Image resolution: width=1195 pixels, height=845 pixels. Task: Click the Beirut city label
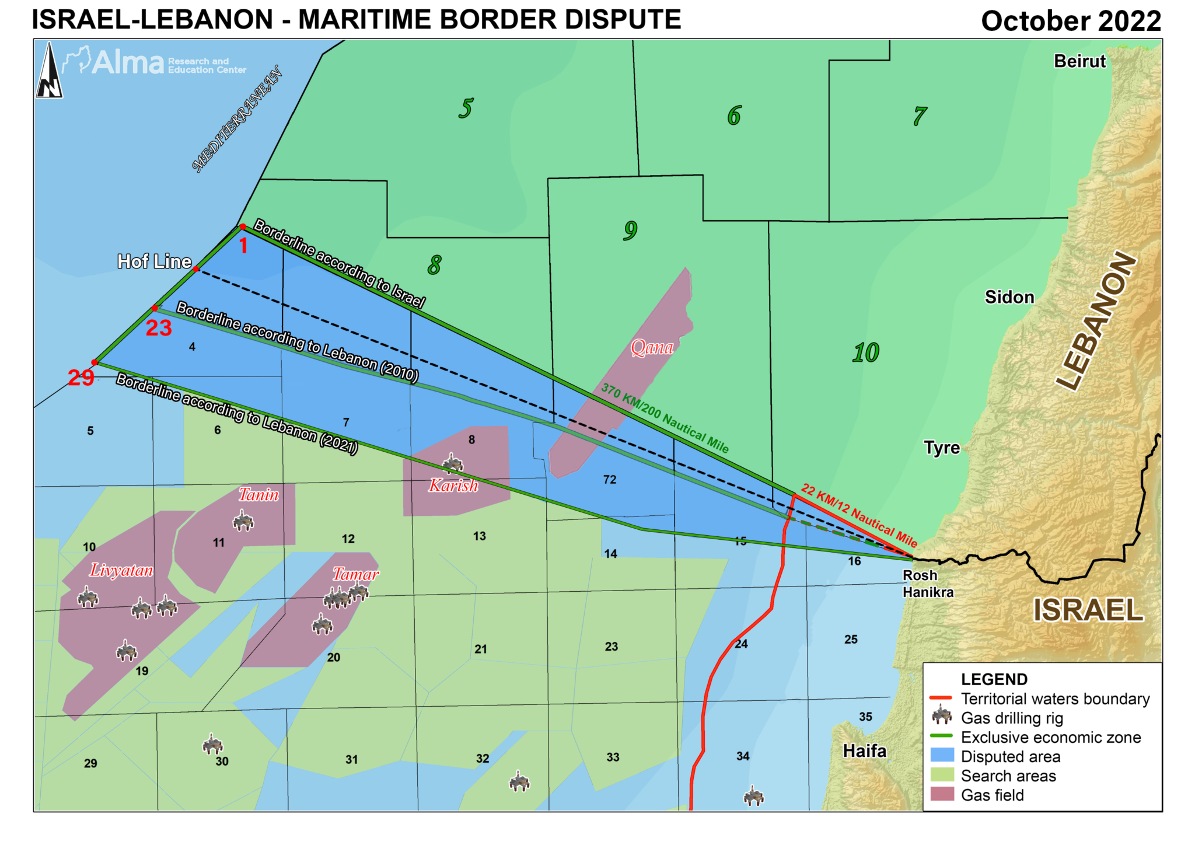1079,61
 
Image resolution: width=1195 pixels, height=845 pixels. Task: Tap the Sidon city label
1009,297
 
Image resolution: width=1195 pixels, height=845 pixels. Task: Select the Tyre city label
941,448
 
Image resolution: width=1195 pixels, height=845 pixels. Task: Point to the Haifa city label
864,750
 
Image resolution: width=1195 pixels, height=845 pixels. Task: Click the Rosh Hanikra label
927,584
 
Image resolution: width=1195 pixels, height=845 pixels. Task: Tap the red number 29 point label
81,378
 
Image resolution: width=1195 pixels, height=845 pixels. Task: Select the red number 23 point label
158,328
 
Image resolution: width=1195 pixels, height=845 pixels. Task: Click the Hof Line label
154,261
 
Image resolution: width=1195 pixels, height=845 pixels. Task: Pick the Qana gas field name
652,348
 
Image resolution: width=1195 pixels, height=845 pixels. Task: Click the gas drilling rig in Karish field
452,463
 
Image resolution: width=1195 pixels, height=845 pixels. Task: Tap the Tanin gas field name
258,495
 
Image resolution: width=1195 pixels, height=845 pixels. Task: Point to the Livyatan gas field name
121,570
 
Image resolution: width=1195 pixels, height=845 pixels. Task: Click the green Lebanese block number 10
865,352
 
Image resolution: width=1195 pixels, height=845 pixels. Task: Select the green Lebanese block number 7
919,116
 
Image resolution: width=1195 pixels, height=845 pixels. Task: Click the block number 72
609,480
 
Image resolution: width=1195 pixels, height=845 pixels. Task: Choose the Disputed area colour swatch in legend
941,756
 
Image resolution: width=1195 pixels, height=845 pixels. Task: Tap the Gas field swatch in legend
941,794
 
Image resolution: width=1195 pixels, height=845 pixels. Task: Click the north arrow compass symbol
49,71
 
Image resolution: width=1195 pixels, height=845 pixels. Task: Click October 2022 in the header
1071,21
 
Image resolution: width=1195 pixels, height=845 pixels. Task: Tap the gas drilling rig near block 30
212,745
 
